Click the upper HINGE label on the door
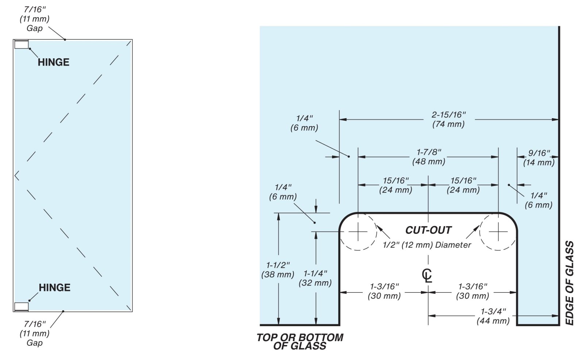[x=53, y=62]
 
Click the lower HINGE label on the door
[x=54, y=288]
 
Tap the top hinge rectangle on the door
[x=21, y=45]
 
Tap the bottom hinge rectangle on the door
[x=21, y=307]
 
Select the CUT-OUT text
[x=428, y=230]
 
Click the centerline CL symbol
[x=427, y=275]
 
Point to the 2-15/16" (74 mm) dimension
[x=449, y=119]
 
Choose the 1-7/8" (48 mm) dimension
[x=429, y=156]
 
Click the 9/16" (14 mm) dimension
[x=539, y=158]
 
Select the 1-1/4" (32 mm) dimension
[x=315, y=278]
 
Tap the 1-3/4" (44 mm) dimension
[x=493, y=316]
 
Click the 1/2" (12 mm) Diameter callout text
[x=427, y=245]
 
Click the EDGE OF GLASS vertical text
[x=569, y=283]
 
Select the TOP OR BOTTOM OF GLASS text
[x=300, y=341]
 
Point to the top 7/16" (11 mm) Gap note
[x=35, y=18]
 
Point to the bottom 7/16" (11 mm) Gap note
[x=35, y=333]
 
